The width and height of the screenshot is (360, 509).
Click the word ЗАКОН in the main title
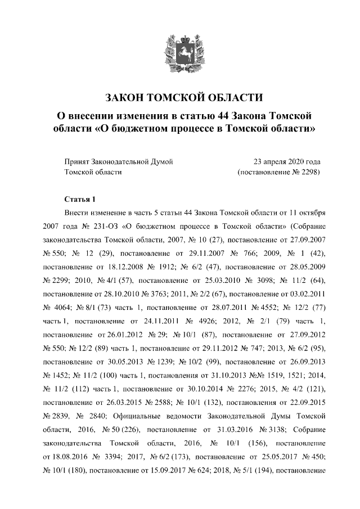click(x=118, y=97)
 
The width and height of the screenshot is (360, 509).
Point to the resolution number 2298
click(x=310, y=172)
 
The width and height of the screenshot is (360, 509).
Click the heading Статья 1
click(x=80, y=199)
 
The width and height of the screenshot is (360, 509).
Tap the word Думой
click(x=160, y=161)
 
